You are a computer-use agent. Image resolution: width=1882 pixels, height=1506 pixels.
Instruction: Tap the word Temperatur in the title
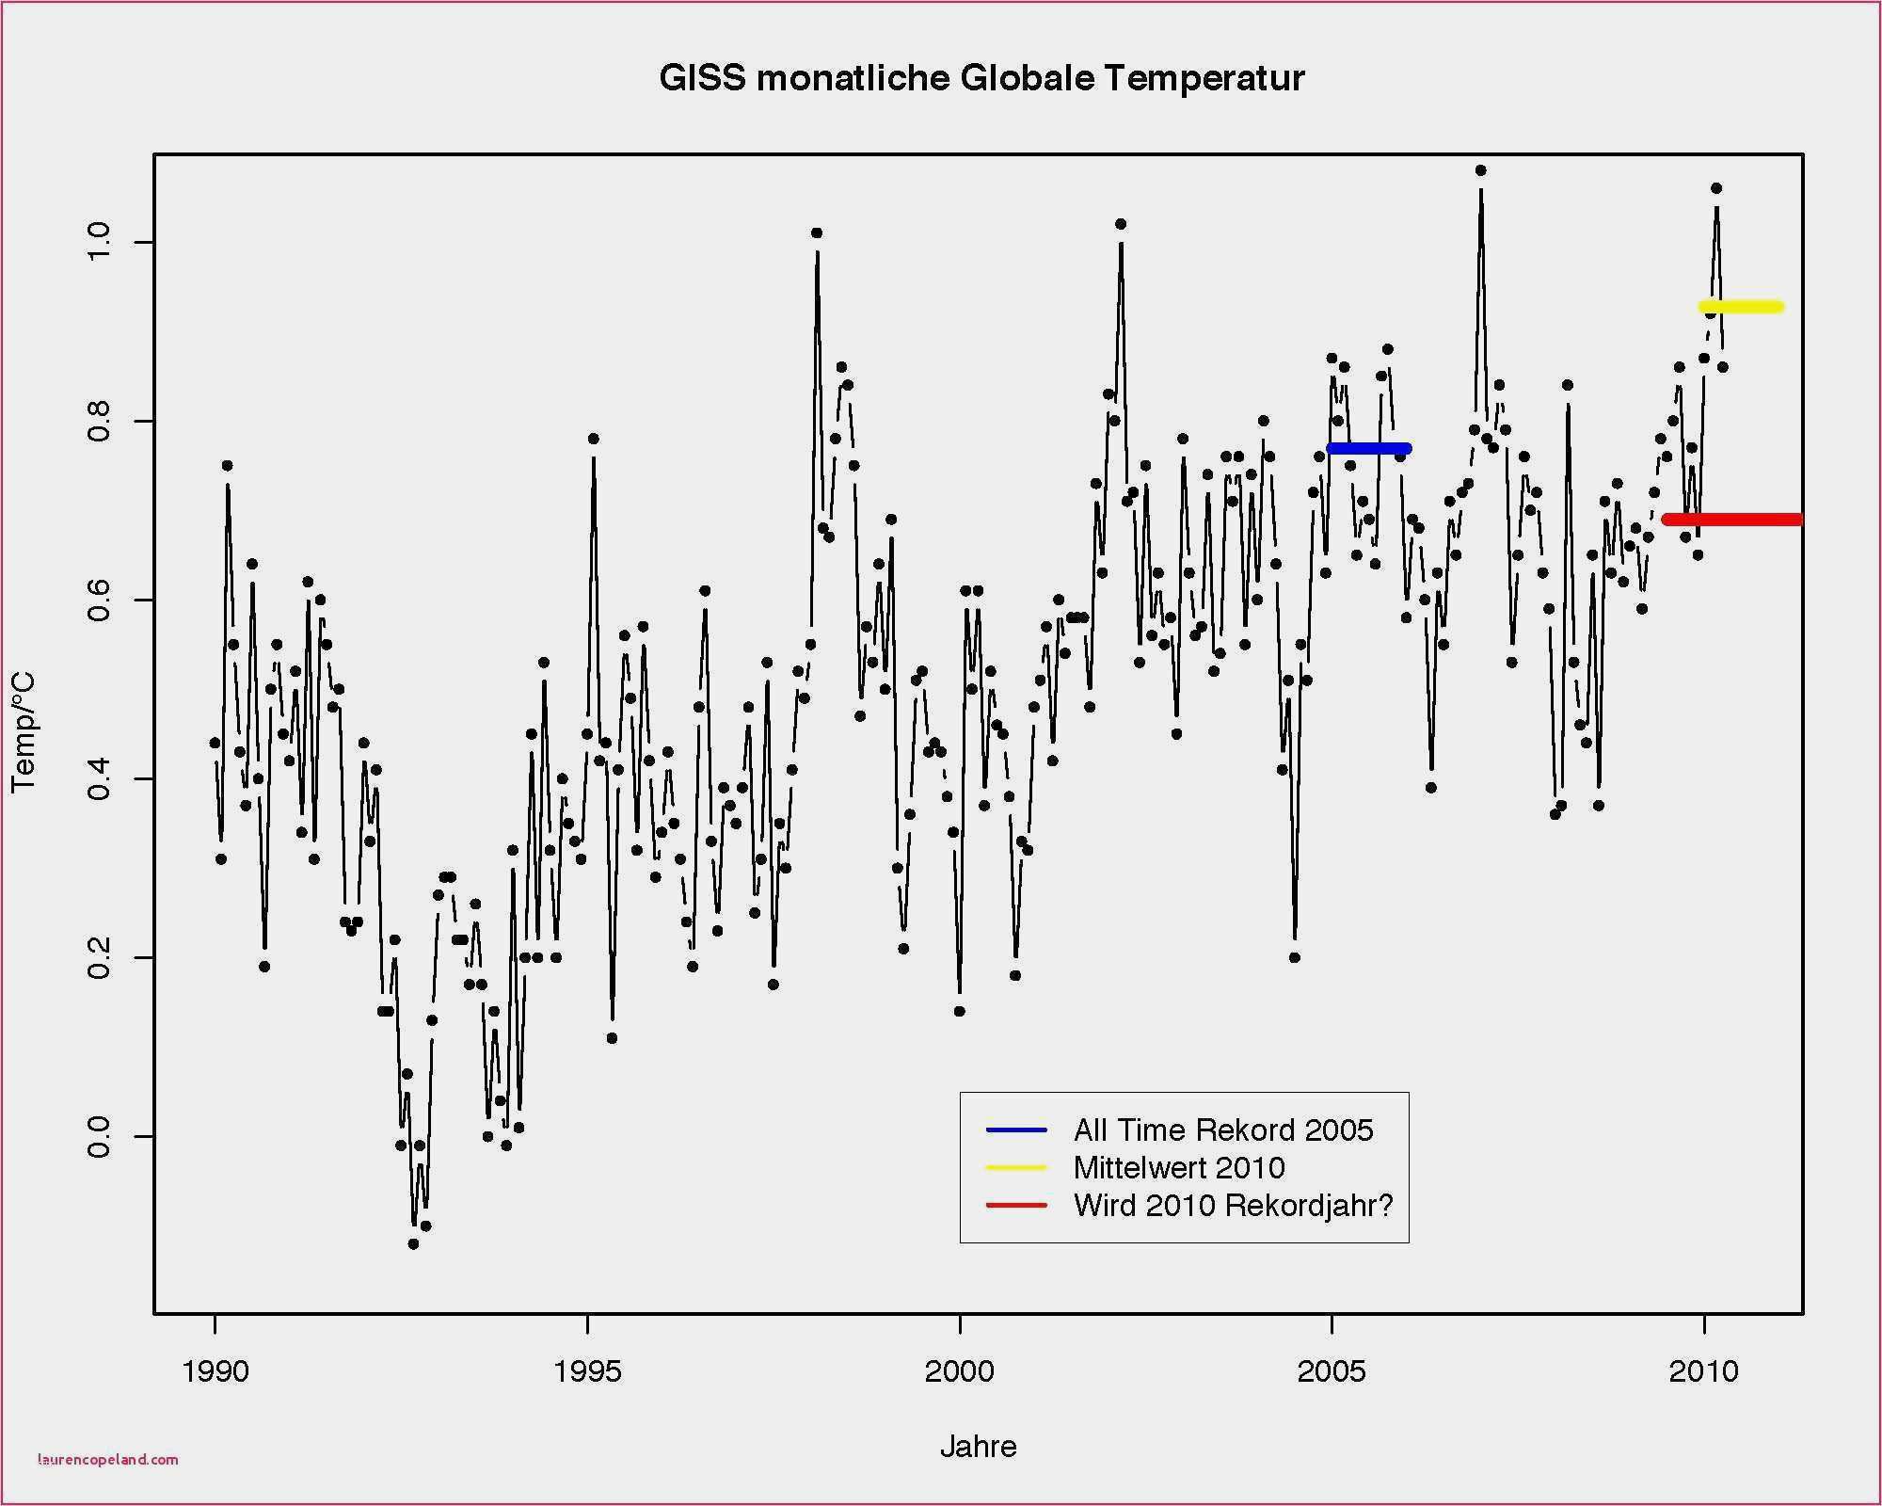(x=1204, y=78)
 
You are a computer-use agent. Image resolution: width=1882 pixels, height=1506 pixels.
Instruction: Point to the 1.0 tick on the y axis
(x=99, y=243)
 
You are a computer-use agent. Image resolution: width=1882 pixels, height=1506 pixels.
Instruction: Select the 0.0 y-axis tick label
(x=99, y=1137)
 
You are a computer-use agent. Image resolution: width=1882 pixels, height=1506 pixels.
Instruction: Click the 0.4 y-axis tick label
(x=99, y=779)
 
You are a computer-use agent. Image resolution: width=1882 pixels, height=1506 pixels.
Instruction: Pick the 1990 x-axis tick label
(x=215, y=1371)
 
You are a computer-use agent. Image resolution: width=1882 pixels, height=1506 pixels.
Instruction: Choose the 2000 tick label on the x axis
(x=960, y=1371)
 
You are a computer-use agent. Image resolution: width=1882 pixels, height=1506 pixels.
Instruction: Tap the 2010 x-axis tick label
(x=1703, y=1371)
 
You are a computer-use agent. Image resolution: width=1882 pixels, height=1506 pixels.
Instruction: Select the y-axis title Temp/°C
(x=24, y=732)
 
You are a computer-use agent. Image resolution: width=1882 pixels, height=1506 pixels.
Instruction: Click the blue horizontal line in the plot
(x=1369, y=448)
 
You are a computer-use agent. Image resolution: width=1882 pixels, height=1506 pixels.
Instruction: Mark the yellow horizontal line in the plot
(x=1741, y=307)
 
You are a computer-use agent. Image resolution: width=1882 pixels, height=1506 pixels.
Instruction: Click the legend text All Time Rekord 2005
(x=1223, y=1129)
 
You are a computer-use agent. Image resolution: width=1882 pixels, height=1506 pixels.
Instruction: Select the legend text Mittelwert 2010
(x=1179, y=1168)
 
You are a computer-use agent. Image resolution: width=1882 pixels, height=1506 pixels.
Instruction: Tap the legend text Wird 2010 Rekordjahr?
(x=1233, y=1206)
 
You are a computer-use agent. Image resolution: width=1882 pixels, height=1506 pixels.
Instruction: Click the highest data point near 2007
(x=1481, y=170)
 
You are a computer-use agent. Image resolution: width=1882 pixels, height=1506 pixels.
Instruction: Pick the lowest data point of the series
(x=413, y=1243)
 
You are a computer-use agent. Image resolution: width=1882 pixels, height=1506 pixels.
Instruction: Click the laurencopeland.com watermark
(x=107, y=1460)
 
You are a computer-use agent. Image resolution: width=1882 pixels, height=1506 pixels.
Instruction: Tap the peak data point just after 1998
(x=817, y=232)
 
